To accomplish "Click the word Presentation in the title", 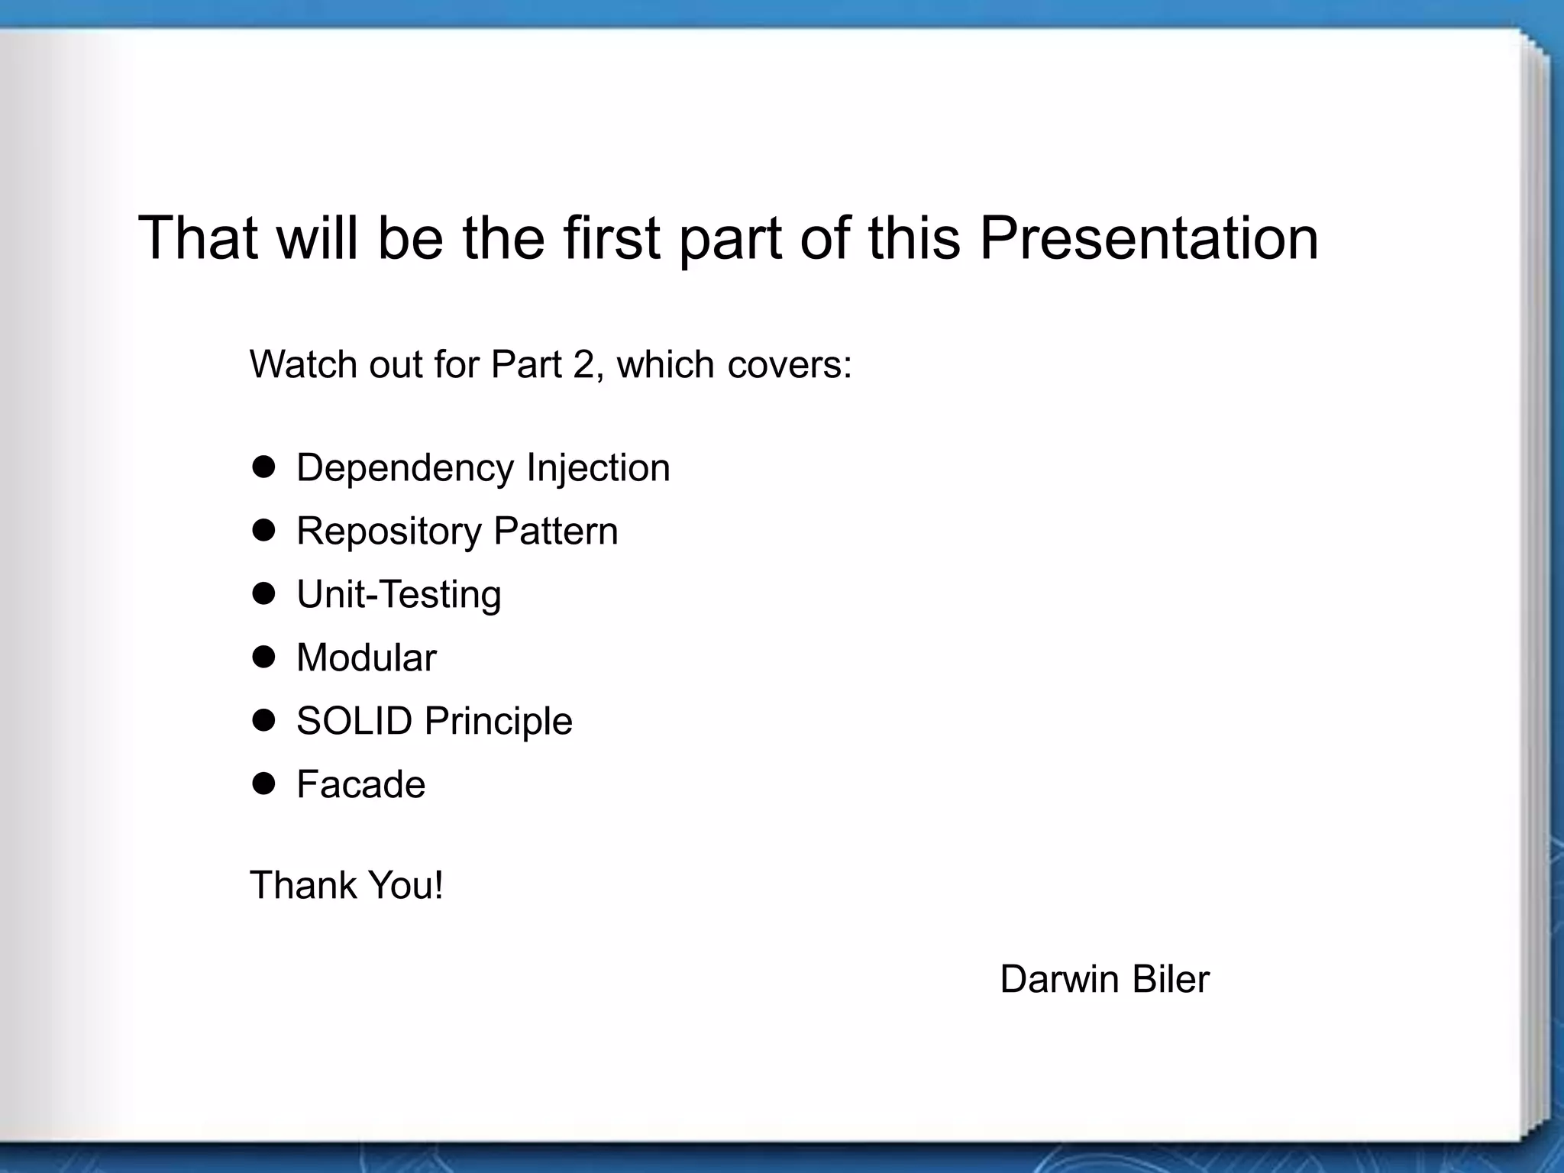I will [x=1149, y=238].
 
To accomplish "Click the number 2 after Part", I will [x=583, y=364].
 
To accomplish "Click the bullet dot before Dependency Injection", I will [x=263, y=467].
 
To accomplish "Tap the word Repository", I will [x=389, y=532].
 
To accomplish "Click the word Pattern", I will [x=555, y=531].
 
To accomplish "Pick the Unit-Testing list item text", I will [x=399, y=595].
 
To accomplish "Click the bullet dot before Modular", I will [x=263, y=657].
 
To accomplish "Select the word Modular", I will [x=366, y=658].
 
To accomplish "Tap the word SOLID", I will [x=354, y=721].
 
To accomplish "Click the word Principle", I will [x=498, y=721].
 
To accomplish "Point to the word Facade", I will [x=360, y=784].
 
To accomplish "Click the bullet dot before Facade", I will [x=263, y=784].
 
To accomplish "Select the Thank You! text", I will [x=347, y=886].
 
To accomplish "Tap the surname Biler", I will [x=1171, y=979].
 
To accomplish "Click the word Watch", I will [x=303, y=364].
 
